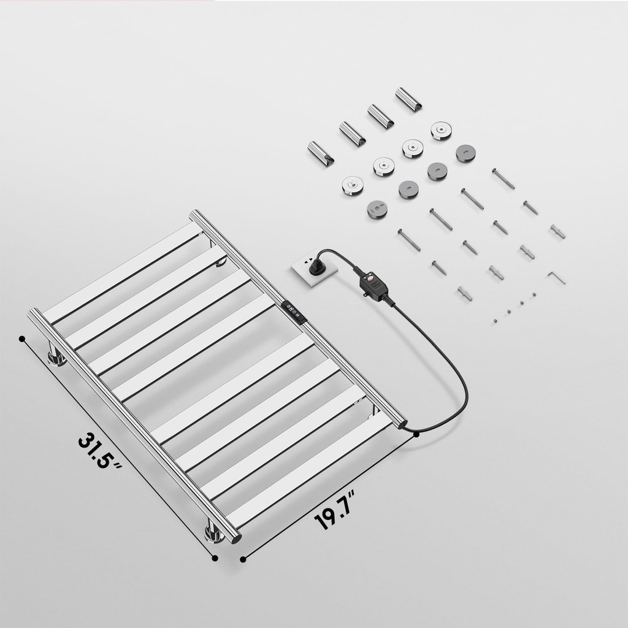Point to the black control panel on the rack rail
[293, 312]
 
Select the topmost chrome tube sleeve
[408, 99]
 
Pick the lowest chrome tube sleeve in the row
[321, 153]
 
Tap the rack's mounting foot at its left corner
[57, 356]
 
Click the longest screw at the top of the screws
[503, 178]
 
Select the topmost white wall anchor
[557, 231]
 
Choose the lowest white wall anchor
[464, 293]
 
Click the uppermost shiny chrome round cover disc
[440, 130]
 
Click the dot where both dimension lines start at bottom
[214, 558]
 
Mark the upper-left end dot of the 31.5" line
[22, 338]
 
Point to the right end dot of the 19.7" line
[416, 434]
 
